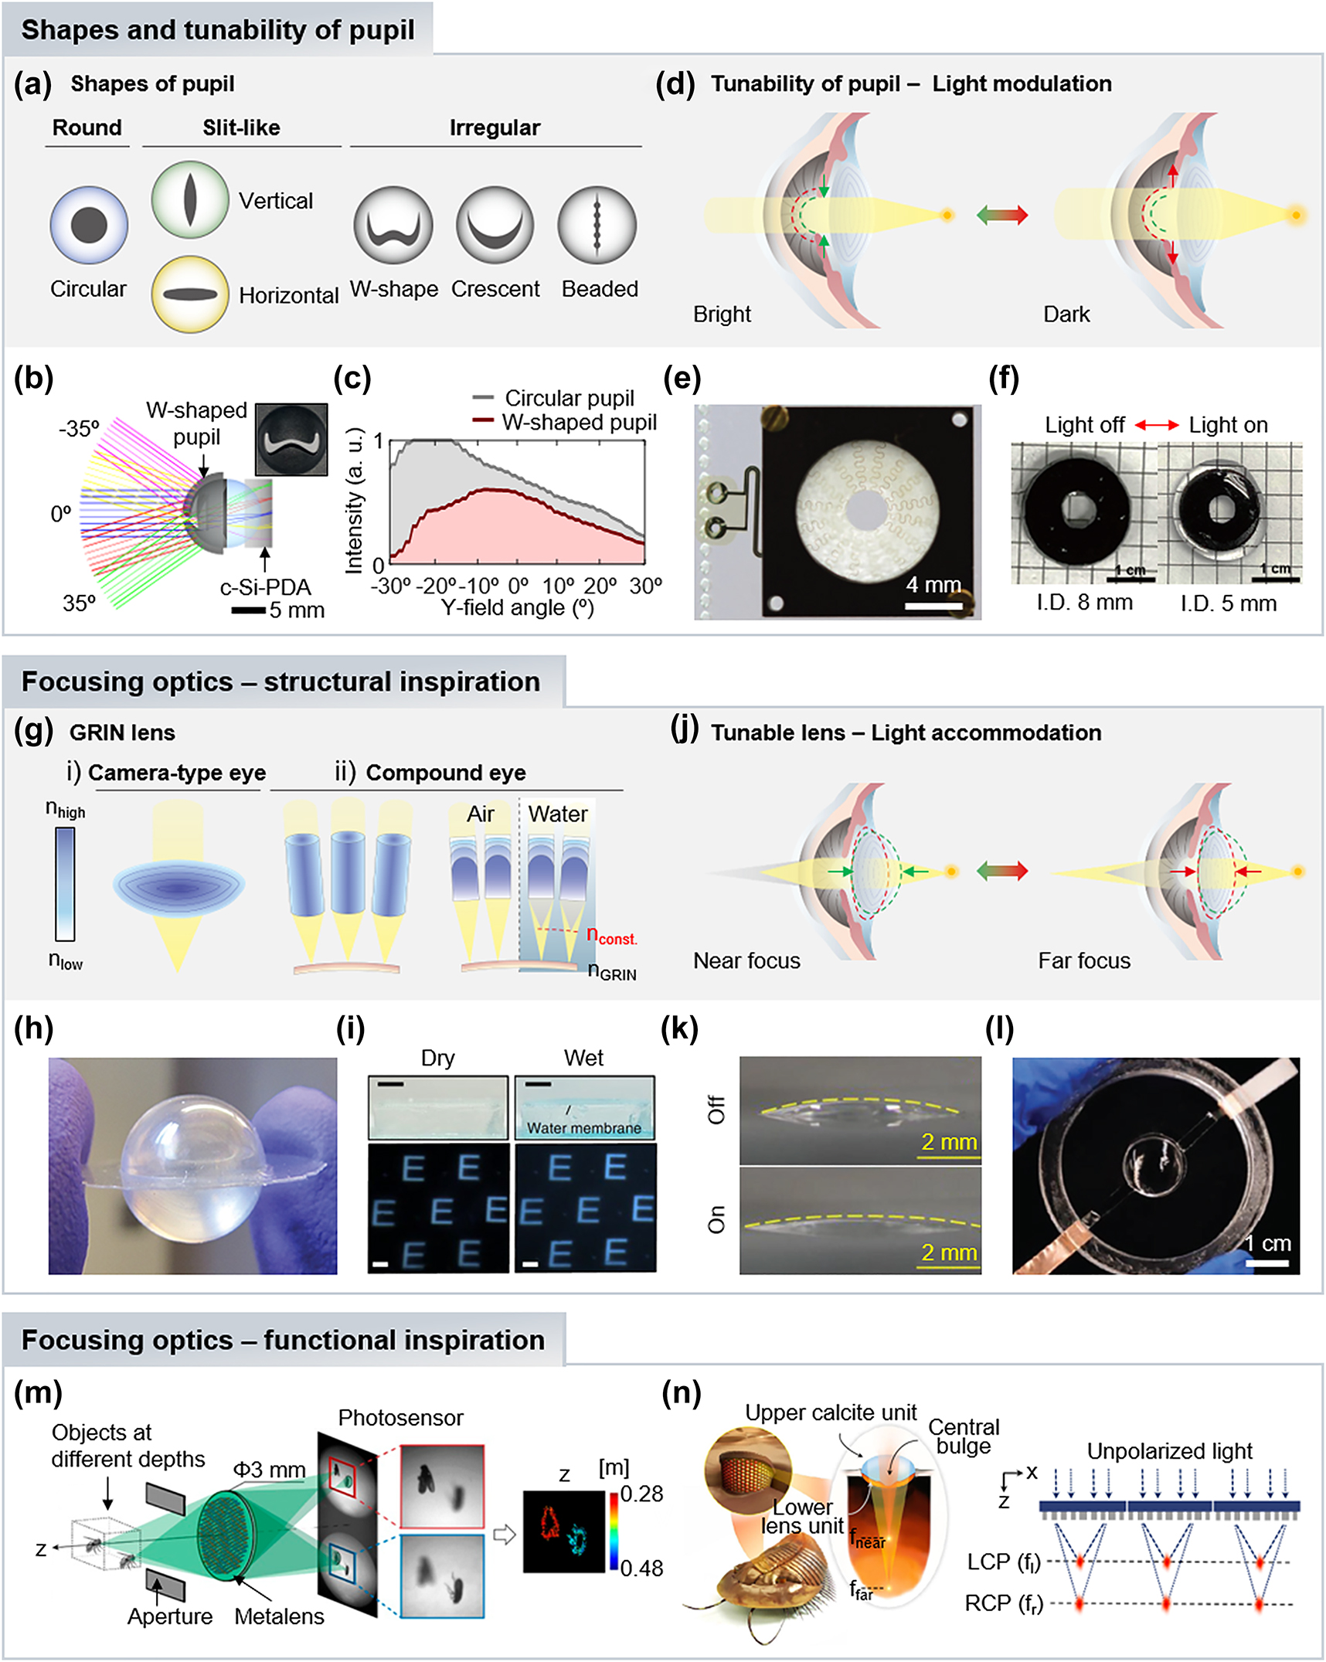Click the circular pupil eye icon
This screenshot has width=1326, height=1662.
click(x=89, y=225)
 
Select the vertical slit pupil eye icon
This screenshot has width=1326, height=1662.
click(x=190, y=199)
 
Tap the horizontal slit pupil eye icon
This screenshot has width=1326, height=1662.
click(x=190, y=294)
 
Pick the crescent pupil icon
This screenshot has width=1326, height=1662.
click(x=495, y=225)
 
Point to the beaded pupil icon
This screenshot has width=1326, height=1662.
click(x=597, y=225)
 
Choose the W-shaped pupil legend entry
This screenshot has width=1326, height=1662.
click(x=578, y=422)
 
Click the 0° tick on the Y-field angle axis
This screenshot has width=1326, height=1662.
click(x=518, y=585)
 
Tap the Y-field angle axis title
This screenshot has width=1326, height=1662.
click(x=517, y=607)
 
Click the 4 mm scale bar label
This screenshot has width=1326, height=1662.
click(x=933, y=584)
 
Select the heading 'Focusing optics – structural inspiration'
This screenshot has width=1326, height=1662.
click(x=280, y=681)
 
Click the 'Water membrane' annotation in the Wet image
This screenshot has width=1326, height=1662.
click(x=583, y=1127)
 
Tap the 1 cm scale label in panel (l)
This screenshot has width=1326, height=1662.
click(x=1268, y=1243)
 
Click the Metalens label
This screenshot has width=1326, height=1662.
click(x=279, y=1616)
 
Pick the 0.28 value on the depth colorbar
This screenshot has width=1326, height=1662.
click(x=641, y=1494)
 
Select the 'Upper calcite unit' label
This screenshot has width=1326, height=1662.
click(x=831, y=1412)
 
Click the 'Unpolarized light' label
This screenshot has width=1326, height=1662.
click(x=1169, y=1451)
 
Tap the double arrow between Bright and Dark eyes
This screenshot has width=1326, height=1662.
click(x=1001, y=215)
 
